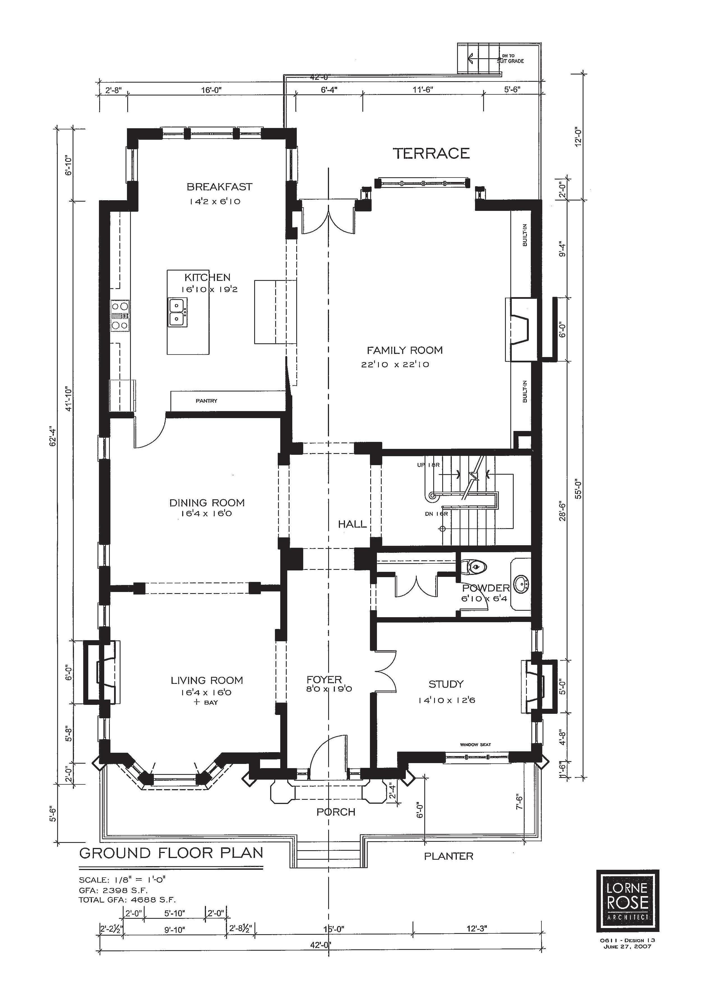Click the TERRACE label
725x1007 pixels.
tap(431, 154)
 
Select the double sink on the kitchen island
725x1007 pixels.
tap(178, 313)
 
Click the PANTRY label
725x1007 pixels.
tap(207, 401)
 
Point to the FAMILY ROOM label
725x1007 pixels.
tap(405, 350)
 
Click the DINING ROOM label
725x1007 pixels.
tap(207, 503)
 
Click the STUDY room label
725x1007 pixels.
tap(446, 684)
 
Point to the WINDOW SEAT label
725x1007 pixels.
tap(475, 745)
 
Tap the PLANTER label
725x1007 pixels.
tap(449, 856)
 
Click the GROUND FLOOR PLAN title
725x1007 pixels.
tap(171, 853)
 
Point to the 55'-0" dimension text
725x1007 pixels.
tap(578, 489)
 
